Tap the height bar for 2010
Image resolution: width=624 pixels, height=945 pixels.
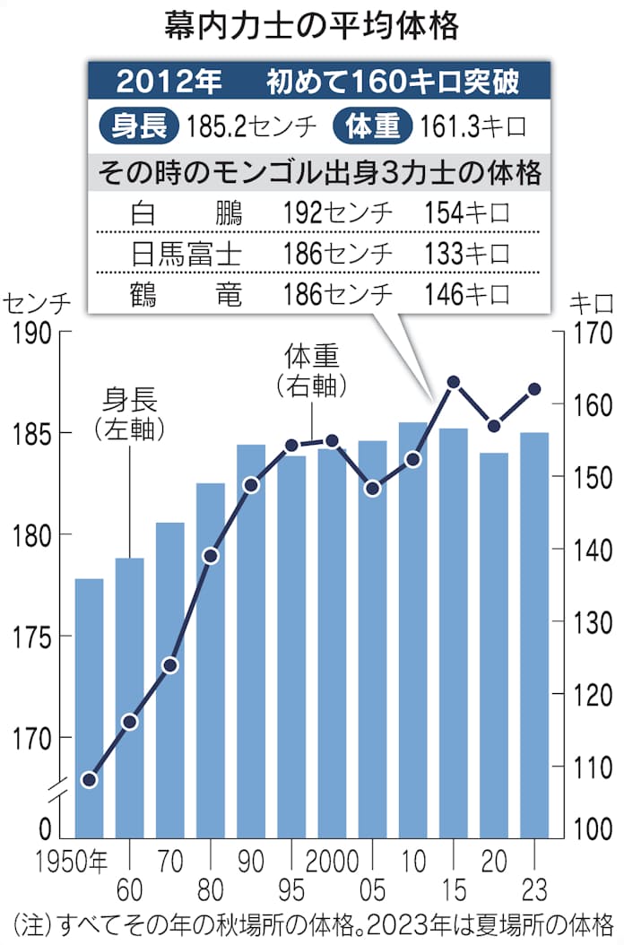tap(412, 628)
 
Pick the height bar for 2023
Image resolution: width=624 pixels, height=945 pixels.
tap(534, 632)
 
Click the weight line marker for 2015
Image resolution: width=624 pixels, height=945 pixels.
tap(454, 383)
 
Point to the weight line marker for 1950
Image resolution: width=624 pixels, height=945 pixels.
tap(89, 779)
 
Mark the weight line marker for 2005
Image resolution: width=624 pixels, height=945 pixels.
tap(373, 489)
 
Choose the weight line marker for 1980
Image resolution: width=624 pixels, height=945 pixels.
tap(211, 556)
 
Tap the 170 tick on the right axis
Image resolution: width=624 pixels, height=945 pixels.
tap(591, 334)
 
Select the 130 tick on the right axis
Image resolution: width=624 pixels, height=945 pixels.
tap(591, 622)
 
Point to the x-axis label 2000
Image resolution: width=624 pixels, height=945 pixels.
tap(332, 862)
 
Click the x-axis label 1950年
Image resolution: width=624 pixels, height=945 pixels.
tap(72, 862)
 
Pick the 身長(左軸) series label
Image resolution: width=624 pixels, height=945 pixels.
tap(130, 412)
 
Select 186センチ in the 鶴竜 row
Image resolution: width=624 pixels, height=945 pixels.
tap(337, 294)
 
